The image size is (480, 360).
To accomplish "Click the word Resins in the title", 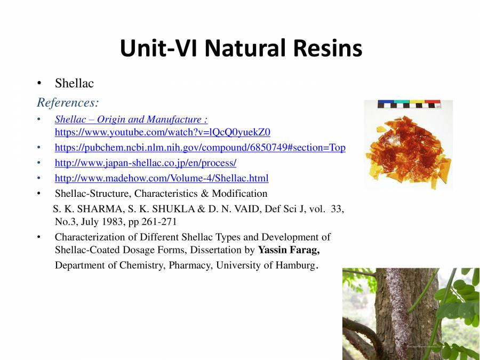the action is [327, 48].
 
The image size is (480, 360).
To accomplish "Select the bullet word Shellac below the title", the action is [74, 83].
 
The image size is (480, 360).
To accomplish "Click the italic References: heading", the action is [68, 102].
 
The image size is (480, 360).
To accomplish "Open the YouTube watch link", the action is [163, 132].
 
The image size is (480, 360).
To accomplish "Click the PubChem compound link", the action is [200, 148].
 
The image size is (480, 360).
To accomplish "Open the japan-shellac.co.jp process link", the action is [146, 163].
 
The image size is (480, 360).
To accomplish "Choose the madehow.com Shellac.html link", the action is [162, 178].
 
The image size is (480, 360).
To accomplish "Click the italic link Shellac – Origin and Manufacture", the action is [131, 119].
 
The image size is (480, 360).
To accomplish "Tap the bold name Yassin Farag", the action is [289, 250].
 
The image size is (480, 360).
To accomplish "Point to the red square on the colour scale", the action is [433, 102].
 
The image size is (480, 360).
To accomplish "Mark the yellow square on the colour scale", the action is [417, 102].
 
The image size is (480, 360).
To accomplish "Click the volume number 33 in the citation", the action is [337, 209].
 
